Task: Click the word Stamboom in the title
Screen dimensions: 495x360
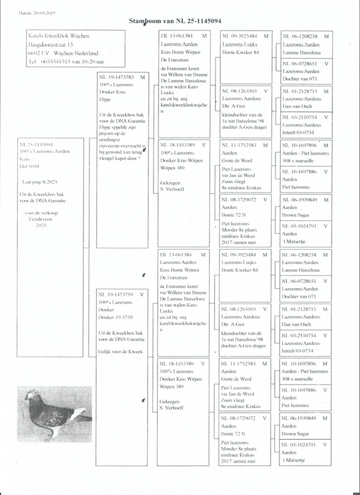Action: pos(145,21)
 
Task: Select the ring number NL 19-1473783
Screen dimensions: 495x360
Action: pos(117,77)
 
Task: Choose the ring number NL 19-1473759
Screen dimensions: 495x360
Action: pos(117,295)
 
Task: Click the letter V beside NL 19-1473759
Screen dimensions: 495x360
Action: pos(142,295)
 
